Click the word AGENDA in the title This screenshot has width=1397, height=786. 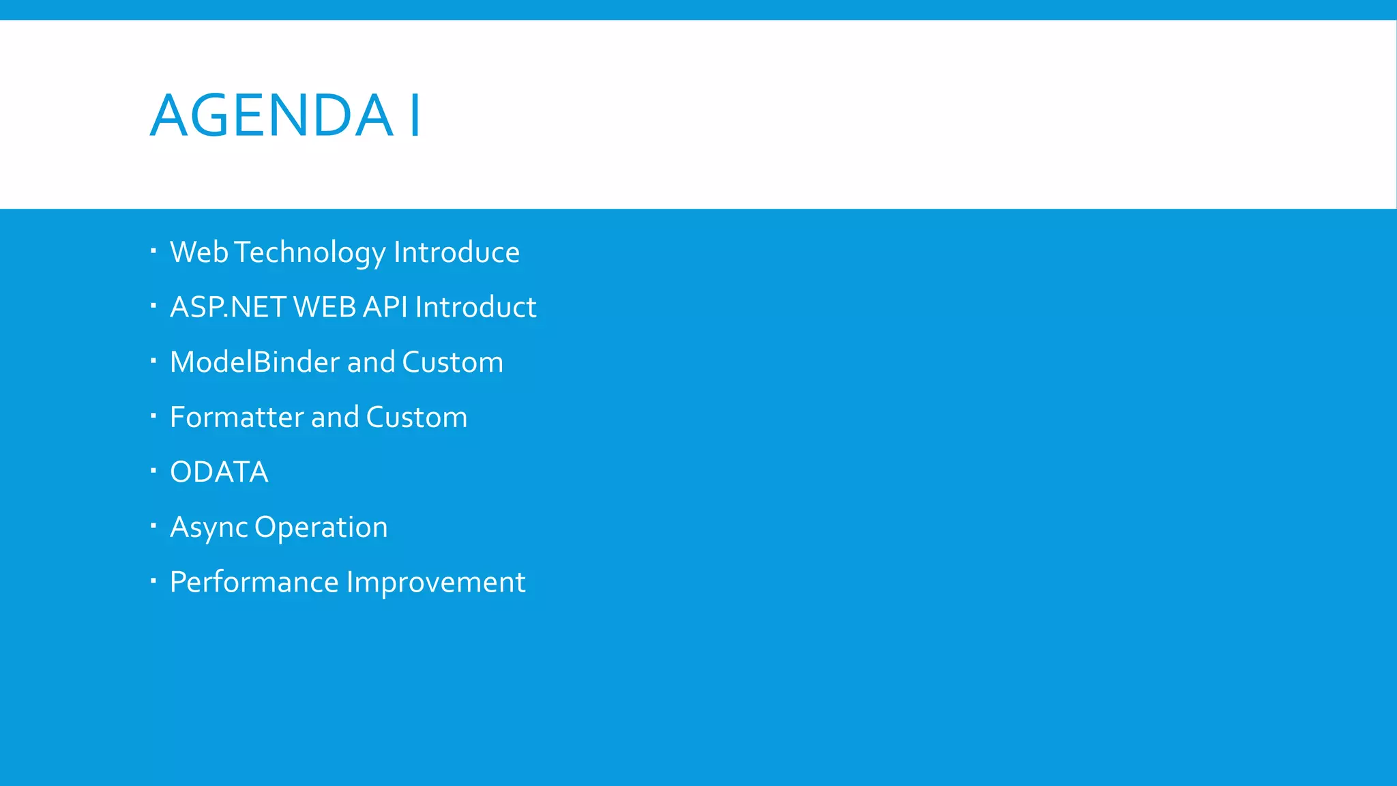(271, 115)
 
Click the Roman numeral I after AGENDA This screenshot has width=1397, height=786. (415, 115)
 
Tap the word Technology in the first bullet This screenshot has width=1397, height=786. (310, 253)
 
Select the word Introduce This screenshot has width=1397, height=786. (456, 252)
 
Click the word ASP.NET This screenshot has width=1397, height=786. (228, 308)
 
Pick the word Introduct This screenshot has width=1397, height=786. (475, 308)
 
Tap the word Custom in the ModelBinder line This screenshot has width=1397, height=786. (452, 362)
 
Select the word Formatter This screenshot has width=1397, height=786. (237, 418)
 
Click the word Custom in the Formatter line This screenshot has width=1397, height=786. (416, 418)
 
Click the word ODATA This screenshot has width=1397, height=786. (219, 472)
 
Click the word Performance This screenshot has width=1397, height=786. (254, 583)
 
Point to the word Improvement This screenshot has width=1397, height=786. (436, 583)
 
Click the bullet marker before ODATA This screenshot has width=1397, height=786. (153, 470)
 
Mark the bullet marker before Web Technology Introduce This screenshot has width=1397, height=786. (153, 250)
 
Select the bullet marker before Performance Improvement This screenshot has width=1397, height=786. (153, 581)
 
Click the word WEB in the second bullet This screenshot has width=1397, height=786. (325, 308)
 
